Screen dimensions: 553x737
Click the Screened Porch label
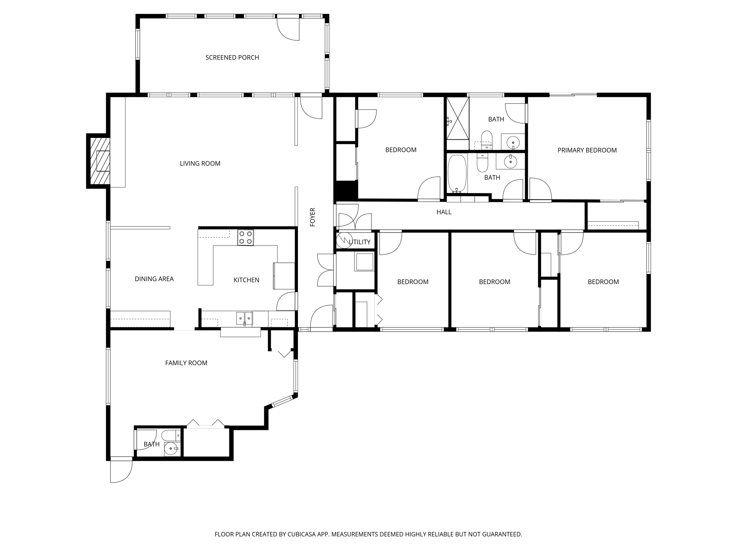[232, 58]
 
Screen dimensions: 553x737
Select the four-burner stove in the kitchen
[245, 238]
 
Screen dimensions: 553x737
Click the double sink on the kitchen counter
[244, 318]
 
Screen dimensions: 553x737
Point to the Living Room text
[200, 163]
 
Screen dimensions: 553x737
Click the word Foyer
[312, 217]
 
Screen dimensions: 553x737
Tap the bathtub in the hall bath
[457, 174]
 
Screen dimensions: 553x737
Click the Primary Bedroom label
[587, 150]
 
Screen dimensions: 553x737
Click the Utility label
[360, 242]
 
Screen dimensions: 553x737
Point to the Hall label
[444, 212]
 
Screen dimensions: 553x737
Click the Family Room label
[186, 363]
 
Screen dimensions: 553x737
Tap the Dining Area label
[154, 279]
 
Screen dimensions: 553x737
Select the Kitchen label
[246, 280]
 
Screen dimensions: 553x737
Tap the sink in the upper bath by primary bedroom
[513, 142]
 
